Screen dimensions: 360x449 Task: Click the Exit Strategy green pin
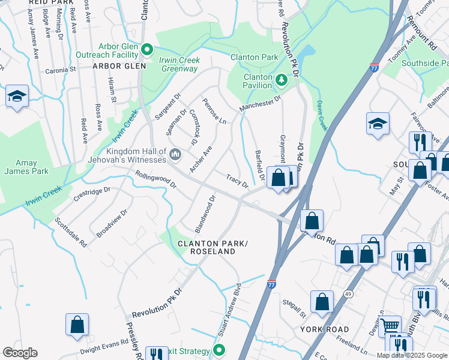tap(219, 350)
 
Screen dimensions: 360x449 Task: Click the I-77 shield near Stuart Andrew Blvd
tap(271, 281)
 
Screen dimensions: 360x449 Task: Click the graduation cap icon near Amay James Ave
tap(17, 96)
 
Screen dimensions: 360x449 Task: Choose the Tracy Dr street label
tap(237, 181)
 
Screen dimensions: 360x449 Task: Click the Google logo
tap(20, 353)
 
